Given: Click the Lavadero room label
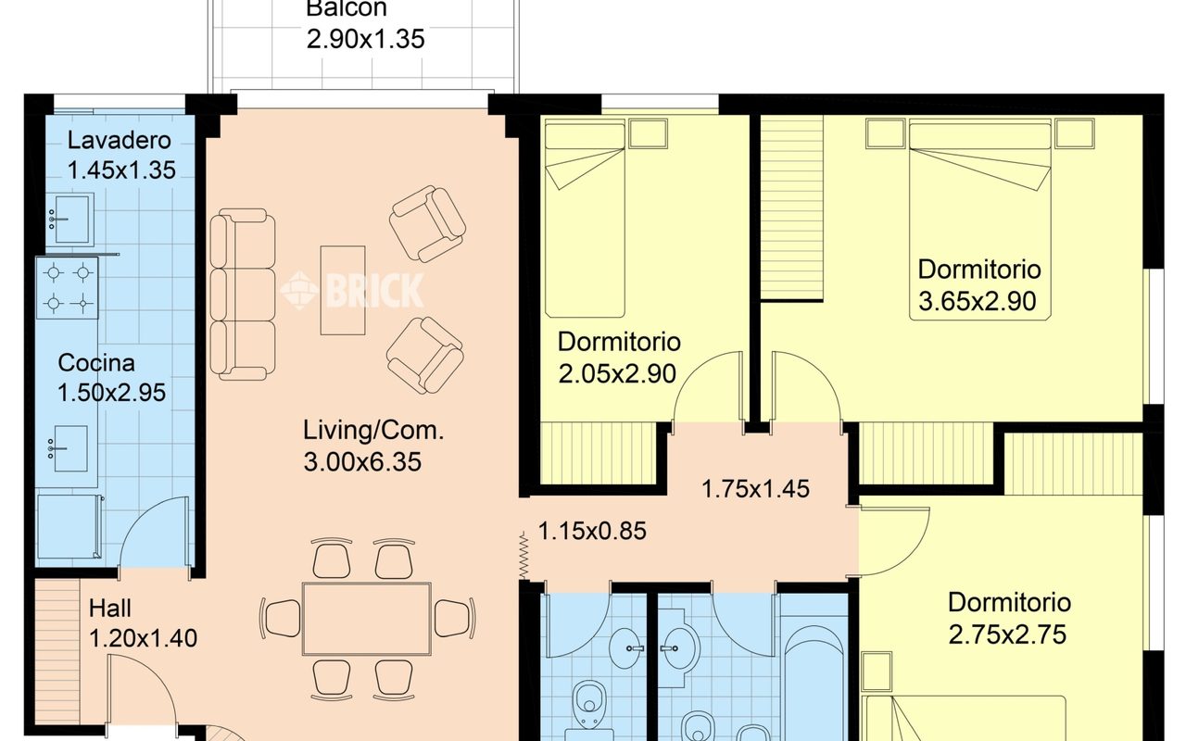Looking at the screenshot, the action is click(x=120, y=140).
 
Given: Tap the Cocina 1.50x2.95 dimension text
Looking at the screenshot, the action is click(x=111, y=393).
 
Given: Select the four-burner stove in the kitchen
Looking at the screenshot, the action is click(x=68, y=288).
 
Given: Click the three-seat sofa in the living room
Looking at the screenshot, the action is click(x=243, y=295).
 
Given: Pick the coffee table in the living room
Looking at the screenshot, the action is click(x=343, y=290).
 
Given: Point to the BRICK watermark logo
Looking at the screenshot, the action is click(x=352, y=290).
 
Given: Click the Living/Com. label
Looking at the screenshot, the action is click(x=373, y=431).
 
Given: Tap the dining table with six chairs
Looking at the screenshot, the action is click(x=366, y=619).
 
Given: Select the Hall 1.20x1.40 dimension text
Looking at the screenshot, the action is click(x=143, y=638).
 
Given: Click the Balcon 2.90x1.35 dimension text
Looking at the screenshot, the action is click(x=365, y=39).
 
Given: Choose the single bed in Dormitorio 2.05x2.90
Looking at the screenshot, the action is click(x=585, y=218).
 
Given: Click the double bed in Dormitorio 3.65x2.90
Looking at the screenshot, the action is click(x=980, y=220).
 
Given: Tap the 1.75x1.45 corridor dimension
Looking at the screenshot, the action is click(x=755, y=488).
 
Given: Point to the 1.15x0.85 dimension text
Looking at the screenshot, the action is click(x=592, y=531).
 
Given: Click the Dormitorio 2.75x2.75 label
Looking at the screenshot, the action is click(x=1009, y=602).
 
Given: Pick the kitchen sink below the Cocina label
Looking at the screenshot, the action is click(x=68, y=449).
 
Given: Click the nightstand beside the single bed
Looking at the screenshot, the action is click(x=649, y=132).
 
